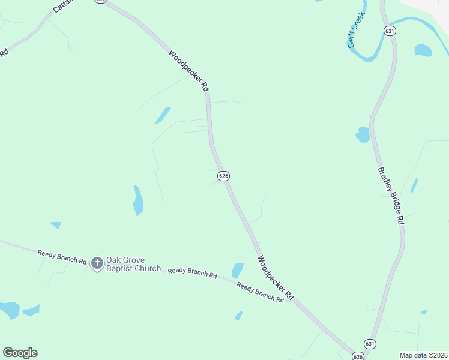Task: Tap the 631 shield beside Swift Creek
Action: coord(390,31)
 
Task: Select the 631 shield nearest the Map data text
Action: coord(371,344)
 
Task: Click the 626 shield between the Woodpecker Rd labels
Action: coord(223,176)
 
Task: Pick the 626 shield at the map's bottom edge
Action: coord(358,356)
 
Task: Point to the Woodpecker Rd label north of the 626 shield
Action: coord(189,71)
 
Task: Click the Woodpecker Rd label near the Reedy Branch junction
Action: coord(276,278)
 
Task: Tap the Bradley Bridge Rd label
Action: coord(391,196)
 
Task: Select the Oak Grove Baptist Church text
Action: coord(133,264)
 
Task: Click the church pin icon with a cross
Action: coord(97,263)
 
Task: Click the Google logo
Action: coord(20,353)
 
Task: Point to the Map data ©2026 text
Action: coord(423,355)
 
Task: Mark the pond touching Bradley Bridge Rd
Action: coord(363,135)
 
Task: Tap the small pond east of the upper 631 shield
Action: coord(423,50)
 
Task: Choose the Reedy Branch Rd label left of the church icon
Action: coord(62,257)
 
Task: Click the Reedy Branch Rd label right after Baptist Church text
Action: coord(192,273)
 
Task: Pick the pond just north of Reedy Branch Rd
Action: coord(238,271)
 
